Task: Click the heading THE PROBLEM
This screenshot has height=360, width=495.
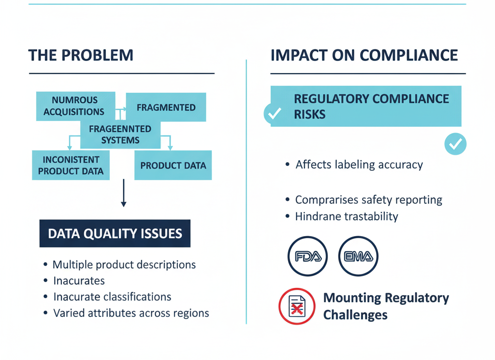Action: click(x=81, y=55)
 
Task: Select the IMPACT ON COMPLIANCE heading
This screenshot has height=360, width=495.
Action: click(x=364, y=55)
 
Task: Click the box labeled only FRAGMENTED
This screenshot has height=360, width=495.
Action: click(x=166, y=107)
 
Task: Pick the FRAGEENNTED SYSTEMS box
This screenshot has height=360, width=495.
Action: click(x=120, y=135)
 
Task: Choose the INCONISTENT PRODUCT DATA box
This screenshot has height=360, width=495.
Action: click(x=71, y=165)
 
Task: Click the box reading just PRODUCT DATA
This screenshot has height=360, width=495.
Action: click(x=173, y=165)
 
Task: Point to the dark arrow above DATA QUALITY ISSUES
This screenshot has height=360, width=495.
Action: click(x=123, y=193)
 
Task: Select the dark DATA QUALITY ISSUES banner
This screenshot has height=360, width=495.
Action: click(x=115, y=234)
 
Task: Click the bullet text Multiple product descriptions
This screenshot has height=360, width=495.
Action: click(x=124, y=265)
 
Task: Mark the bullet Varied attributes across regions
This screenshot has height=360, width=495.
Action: click(x=131, y=313)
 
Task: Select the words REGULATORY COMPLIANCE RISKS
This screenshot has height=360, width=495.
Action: click(x=371, y=106)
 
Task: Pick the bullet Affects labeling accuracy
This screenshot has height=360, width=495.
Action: click(x=359, y=165)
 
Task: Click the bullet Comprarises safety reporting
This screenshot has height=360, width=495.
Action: click(x=368, y=199)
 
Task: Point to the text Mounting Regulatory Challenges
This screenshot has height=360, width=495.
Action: click(x=386, y=306)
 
